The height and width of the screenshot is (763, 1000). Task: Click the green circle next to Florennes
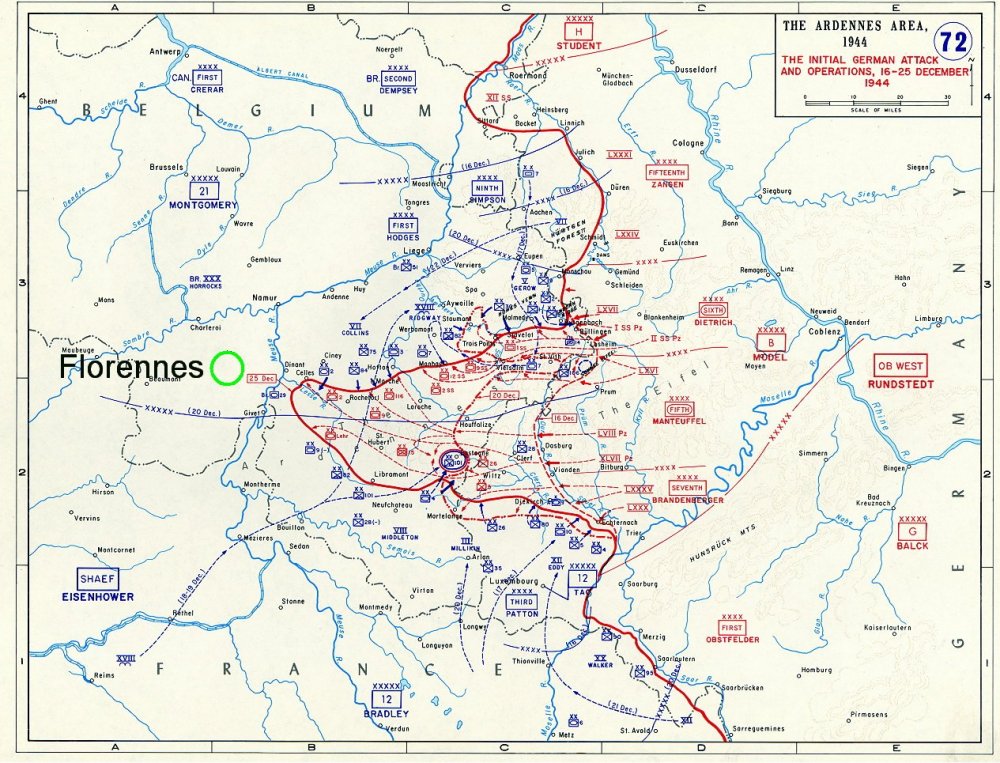(x=227, y=368)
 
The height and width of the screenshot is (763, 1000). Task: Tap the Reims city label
(x=105, y=676)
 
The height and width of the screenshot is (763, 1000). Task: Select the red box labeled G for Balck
(x=912, y=532)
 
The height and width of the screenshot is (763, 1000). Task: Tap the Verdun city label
(x=397, y=728)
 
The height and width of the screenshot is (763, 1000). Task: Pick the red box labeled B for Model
(x=772, y=342)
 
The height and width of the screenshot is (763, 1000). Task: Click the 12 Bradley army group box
(x=388, y=699)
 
